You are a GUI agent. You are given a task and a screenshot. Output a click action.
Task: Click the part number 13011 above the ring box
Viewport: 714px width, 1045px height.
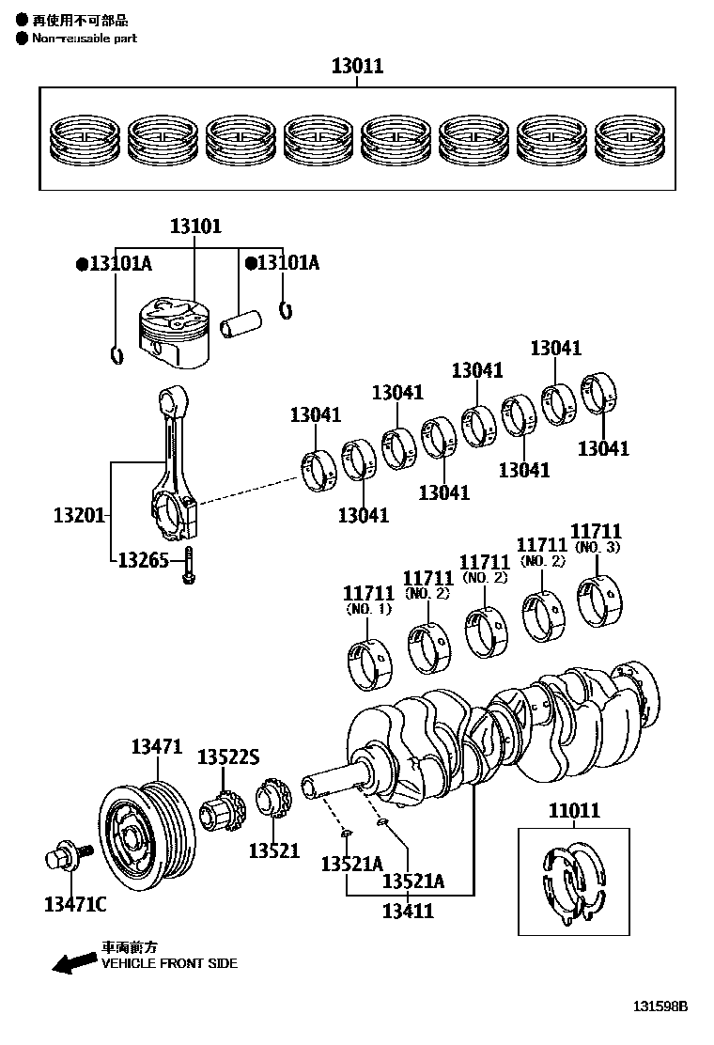pos(357,67)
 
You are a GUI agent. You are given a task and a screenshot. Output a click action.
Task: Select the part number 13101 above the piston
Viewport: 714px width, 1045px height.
pos(195,226)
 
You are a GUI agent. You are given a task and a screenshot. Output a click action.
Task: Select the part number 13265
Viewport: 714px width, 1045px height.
pos(143,561)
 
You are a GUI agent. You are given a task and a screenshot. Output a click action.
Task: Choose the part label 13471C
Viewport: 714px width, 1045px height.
pos(75,904)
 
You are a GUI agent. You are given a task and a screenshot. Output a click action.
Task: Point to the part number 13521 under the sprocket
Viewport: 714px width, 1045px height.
pos(273,851)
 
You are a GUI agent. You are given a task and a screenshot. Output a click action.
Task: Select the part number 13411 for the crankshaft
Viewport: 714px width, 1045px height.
pos(408,910)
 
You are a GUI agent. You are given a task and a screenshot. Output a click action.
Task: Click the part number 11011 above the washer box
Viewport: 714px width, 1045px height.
pos(574,811)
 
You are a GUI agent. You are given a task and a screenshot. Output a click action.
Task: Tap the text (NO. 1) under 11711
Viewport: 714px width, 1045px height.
pos(368,609)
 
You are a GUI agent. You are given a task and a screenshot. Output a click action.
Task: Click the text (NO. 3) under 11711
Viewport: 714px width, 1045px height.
pos(597,547)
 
